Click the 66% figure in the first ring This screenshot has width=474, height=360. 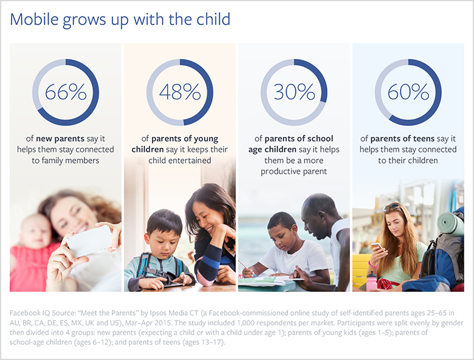pyautogui.click(x=66, y=92)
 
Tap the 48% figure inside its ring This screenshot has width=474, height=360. pyautogui.click(x=180, y=92)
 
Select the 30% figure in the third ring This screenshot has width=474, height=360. pyautogui.click(x=294, y=92)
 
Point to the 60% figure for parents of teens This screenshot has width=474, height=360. pyautogui.click(x=408, y=92)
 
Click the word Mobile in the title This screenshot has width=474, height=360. pyautogui.click(x=34, y=19)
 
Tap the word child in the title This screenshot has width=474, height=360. pyautogui.click(x=213, y=19)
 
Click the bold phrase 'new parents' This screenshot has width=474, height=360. pyautogui.click(x=60, y=139)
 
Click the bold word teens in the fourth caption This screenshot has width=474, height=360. pyautogui.click(x=424, y=139)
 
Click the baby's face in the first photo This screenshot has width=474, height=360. pyautogui.click(x=36, y=232)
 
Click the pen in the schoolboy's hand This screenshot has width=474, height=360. pyautogui.click(x=247, y=269)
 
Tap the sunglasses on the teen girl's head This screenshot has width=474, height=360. pyautogui.click(x=391, y=208)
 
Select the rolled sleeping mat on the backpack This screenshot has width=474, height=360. pyautogui.click(x=450, y=224)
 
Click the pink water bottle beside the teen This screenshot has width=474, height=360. pyautogui.click(x=371, y=282)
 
